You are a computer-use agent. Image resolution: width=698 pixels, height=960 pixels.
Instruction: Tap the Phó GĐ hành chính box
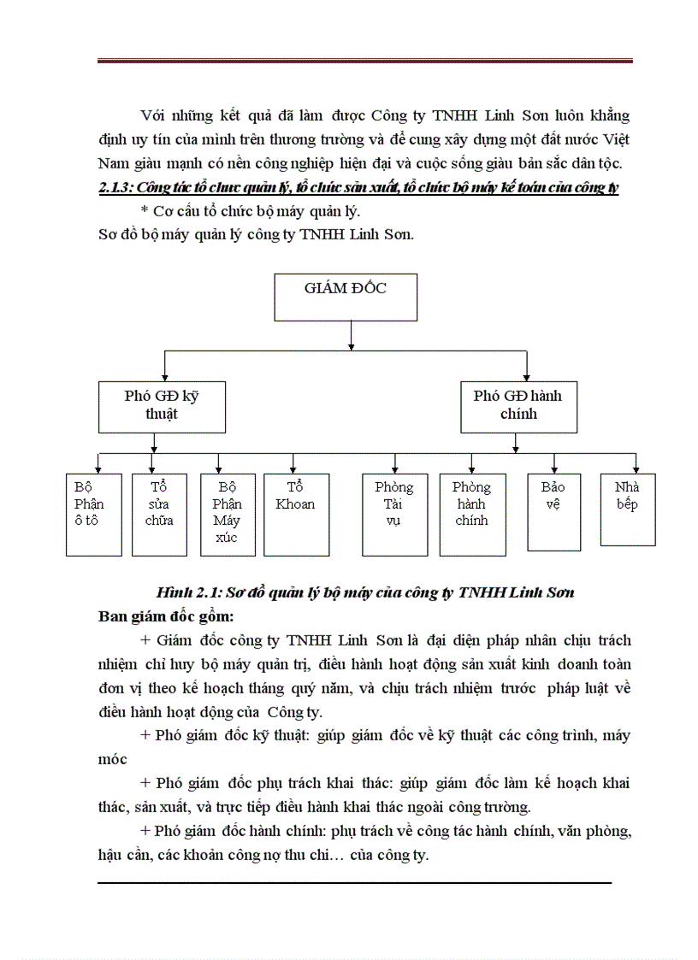click(518, 406)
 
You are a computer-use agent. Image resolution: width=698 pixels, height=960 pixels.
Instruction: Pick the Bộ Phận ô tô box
click(94, 514)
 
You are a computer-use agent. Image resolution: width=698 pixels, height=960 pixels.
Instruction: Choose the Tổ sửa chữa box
click(159, 514)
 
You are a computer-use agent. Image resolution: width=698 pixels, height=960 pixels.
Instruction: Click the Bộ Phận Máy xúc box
click(227, 514)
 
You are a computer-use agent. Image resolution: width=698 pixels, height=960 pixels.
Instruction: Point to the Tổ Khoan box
click(295, 514)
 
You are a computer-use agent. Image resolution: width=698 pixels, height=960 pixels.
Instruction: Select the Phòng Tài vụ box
click(393, 514)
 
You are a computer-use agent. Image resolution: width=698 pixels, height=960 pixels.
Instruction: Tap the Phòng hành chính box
click(471, 514)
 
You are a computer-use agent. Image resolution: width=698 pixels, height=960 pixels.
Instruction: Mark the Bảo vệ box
click(553, 511)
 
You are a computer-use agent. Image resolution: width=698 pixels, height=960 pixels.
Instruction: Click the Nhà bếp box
click(628, 509)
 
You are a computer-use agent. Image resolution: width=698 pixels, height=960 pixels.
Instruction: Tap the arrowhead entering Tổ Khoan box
click(293, 468)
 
